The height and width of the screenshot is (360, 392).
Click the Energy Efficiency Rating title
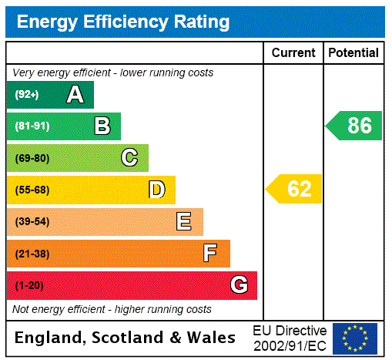[123, 22]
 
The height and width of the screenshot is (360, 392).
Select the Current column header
[293, 52]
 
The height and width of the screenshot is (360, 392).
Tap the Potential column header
[353, 52]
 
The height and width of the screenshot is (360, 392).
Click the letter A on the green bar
[75, 95]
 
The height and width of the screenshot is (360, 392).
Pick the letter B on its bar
[102, 126]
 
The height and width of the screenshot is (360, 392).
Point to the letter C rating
[129, 158]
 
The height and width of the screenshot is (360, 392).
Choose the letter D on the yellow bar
[157, 190]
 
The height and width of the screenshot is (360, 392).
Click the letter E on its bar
[184, 222]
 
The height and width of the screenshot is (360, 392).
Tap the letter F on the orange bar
[210, 254]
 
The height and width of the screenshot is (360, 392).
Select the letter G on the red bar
[239, 285]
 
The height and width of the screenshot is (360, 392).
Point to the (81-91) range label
[32, 126]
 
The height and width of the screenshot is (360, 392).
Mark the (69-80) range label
[32, 158]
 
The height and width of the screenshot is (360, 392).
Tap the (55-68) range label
[32, 190]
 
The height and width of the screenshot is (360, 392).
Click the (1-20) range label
[29, 285]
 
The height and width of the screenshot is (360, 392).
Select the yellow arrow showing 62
[293, 189]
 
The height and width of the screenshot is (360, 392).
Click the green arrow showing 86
[353, 126]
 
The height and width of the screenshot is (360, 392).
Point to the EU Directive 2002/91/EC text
[290, 338]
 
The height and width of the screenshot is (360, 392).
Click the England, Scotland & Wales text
[126, 338]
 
